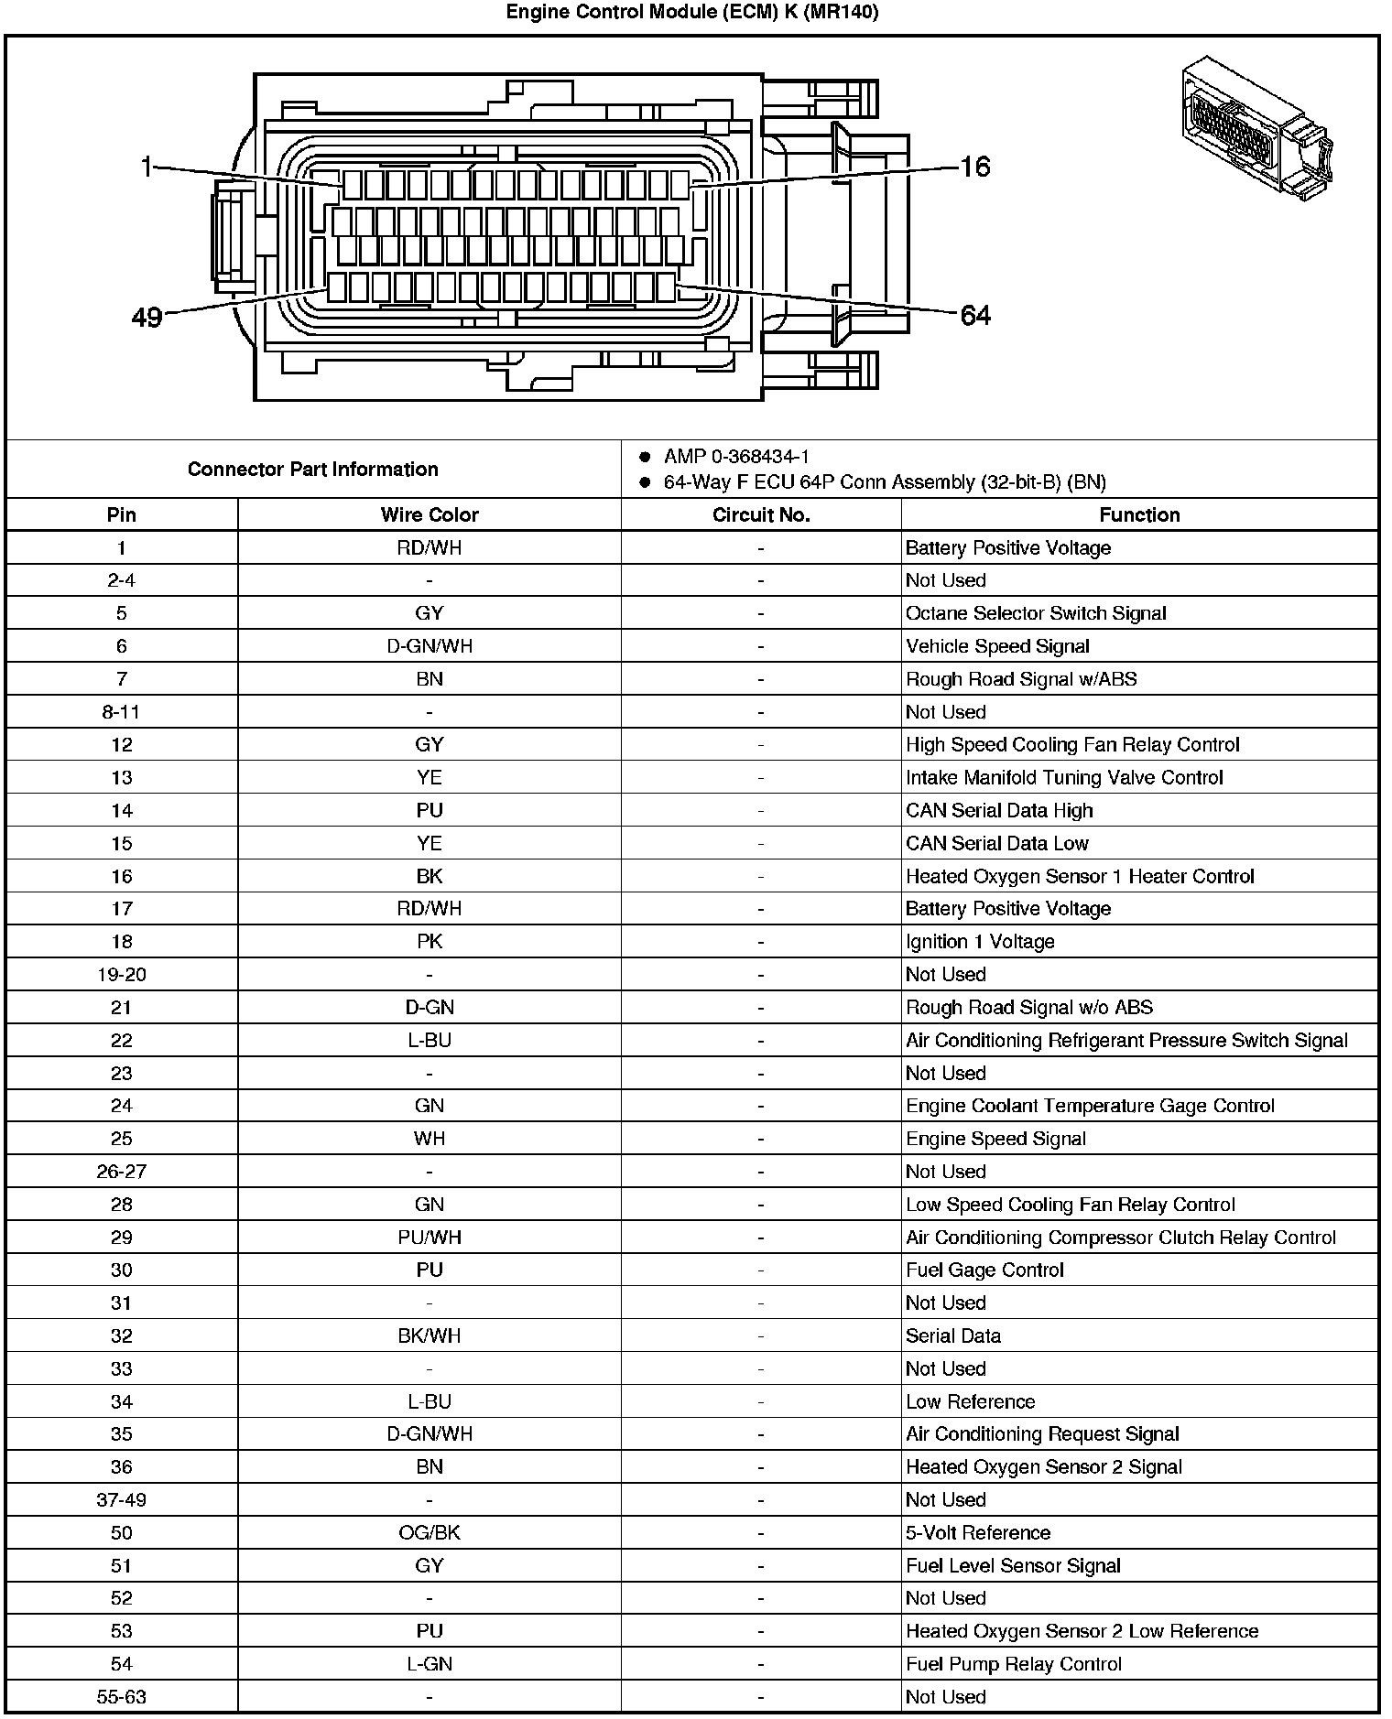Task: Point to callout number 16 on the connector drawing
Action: tap(975, 167)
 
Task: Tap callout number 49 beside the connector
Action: tap(147, 318)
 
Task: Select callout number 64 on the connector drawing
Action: tap(975, 316)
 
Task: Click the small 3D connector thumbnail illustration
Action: tap(1256, 128)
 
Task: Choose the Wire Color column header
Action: tap(430, 514)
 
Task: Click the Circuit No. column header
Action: tap(760, 514)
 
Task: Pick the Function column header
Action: tap(1139, 514)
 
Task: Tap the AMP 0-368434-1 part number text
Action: tap(736, 457)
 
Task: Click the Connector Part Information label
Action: tap(313, 470)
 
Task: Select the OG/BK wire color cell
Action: tap(430, 1532)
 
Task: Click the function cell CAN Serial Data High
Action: tap(999, 810)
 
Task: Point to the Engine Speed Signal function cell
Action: tap(995, 1139)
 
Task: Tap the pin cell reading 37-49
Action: tap(121, 1499)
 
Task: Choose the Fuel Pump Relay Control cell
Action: tap(1013, 1664)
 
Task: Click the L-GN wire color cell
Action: tap(430, 1664)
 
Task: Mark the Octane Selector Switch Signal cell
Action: tap(1036, 613)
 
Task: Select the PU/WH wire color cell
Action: tap(430, 1238)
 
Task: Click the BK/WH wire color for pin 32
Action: tap(430, 1335)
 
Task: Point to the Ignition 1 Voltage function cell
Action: tap(980, 942)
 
